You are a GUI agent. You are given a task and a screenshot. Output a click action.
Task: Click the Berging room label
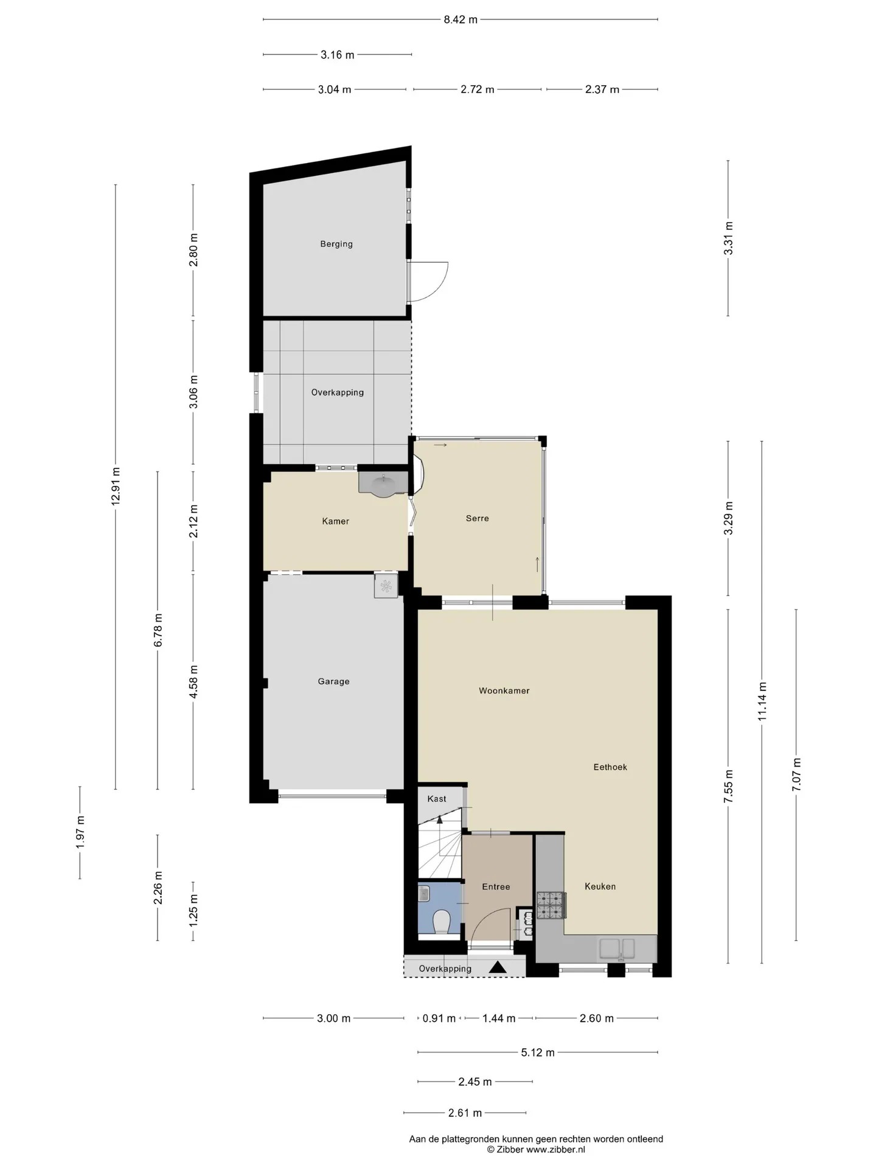pyautogui.click(x=336, y=244)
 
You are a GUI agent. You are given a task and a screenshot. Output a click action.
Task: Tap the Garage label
pyautogui.click(x=333, y=681)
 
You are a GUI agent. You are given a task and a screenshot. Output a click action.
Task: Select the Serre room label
pyautogui.click(x=478, y=518)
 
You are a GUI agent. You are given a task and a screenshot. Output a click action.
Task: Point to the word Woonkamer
pyautogui.click(x=504, y=690)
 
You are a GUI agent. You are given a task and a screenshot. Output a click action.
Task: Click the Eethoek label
pyautogui.click(x=610, y=767)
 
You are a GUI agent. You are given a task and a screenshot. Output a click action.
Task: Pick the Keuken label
pyautogui.click(x=600, y=886)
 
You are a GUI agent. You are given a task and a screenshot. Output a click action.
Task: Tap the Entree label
pyautogui.click(x=496, y=887)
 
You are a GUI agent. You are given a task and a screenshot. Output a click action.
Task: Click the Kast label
pyautogui.click(x=437, y=799)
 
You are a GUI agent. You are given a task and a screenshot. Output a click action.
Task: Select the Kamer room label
pyautogui.click(x=336, y=521)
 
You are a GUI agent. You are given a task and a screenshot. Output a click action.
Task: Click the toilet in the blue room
pyautogui.click(x=440, y=922)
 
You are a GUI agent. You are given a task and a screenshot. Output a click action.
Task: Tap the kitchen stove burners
pyautogui.click(x=551, y=905)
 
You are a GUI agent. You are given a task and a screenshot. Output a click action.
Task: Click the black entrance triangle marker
pyautogui.click(x=498, y=967)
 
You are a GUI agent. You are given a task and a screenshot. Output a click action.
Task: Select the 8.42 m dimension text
pyautogui.click(x=461, y=19)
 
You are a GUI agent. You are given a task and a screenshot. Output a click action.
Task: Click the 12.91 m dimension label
pyautogui.click(x=116, y=485)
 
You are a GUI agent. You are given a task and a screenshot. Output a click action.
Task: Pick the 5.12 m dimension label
pyautogui.click(x=538, y=1052)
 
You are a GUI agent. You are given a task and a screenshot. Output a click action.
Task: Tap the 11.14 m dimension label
pyautogui.click(x=762, y=701)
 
